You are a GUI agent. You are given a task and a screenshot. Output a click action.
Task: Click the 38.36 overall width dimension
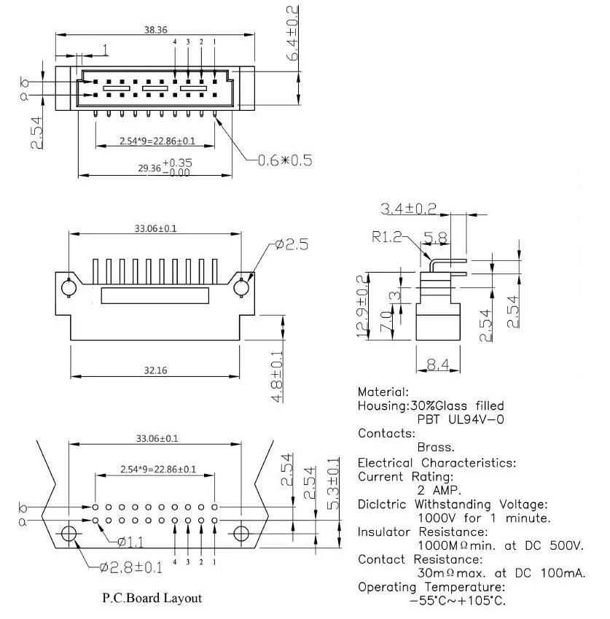155,30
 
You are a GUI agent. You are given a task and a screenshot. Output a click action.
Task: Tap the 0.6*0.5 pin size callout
285,160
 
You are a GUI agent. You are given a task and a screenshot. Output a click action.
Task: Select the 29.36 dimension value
149,168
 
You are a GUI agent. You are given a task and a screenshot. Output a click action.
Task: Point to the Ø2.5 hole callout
292,244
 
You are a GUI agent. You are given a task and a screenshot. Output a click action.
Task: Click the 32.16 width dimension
155,370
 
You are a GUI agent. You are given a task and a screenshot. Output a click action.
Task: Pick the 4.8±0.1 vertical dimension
278,377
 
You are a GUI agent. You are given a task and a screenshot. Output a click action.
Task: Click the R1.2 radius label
386,237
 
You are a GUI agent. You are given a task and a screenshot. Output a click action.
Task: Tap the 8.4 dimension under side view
438,365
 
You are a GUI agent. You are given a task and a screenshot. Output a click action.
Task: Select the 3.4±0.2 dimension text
408,209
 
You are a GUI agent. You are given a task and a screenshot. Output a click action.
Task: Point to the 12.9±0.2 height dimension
363,306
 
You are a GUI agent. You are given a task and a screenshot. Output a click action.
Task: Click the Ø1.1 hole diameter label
130,542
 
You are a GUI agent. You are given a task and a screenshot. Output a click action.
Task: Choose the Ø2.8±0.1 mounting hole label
130,568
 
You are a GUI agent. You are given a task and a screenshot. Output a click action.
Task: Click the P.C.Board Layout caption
152,598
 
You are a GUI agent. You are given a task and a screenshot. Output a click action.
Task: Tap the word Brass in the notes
436,447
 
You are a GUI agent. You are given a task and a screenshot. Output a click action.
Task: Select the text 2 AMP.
439,490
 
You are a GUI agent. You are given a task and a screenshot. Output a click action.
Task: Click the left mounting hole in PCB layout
69,534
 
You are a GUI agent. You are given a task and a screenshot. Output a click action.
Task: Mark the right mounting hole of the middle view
241,287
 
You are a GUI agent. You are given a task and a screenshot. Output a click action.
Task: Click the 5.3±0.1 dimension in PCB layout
333,483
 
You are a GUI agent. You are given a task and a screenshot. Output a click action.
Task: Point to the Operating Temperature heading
431,587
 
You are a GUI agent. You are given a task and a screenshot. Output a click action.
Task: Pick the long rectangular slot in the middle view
155,296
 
